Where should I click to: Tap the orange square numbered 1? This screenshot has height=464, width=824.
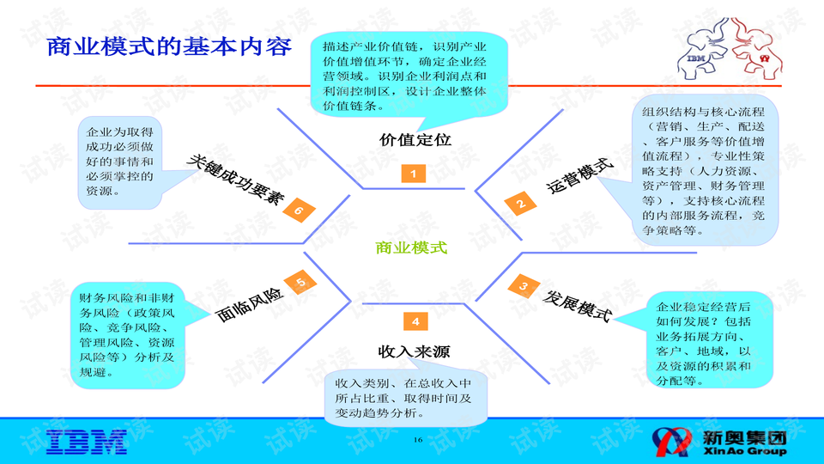(x=414, y=174)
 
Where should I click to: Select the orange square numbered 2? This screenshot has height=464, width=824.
(x=520, y=204)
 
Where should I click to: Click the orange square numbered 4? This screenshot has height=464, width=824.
(x=415, y=322)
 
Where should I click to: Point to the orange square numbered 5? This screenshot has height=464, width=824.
(x=300, y=283)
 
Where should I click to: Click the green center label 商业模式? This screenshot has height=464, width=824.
(x=412, y=248)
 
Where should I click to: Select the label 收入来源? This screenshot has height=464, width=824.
(x=415, y=351)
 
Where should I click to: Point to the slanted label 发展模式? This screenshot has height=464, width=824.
(x=578, y=306)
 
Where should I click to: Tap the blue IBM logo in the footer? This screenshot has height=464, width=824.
(x=88, y=441)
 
